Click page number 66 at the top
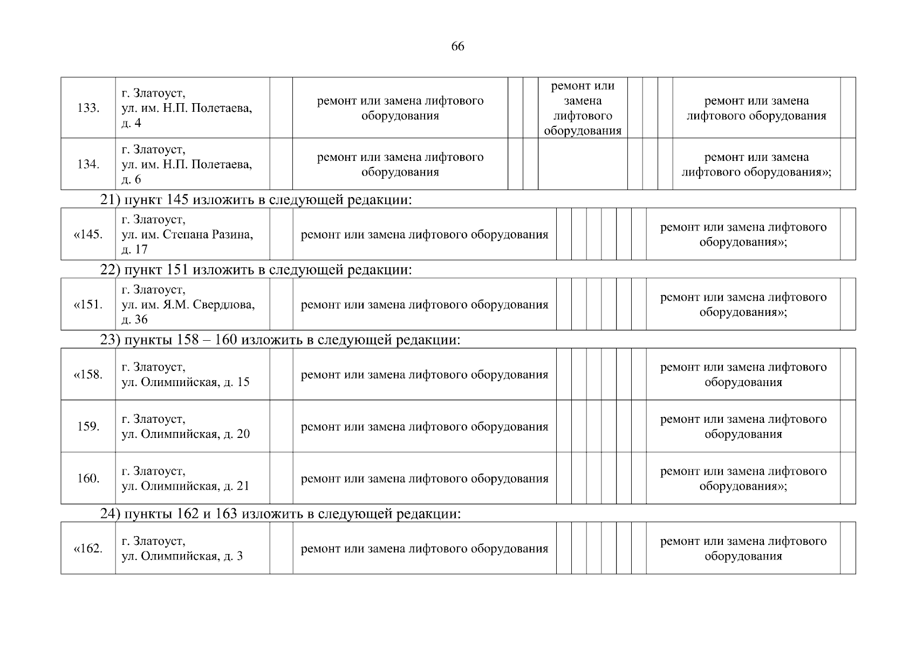tap(457, 46)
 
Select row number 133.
tap(88, 108)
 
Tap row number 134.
tap(88, 164)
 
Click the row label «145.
tap(88, 234)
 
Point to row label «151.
tap(88, 305)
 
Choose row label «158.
tap(88, 375)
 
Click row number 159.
tap(88, 427)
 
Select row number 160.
tap(88, 478)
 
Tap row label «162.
tap(88, 549)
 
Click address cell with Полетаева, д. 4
tap(187, 108)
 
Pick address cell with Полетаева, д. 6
tap(187, 164)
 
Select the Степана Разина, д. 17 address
tap(187, 234)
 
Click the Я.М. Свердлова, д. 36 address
tap(188, 305)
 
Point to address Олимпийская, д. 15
tap(186, 375)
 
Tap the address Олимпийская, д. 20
tap(186, 427)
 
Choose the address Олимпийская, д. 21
tap(186, 478)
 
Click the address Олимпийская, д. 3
tap(182, 549)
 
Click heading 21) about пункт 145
tap(256, 200)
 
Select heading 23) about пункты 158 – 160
tap(281, 340)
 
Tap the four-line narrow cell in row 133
tap(583, 108)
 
